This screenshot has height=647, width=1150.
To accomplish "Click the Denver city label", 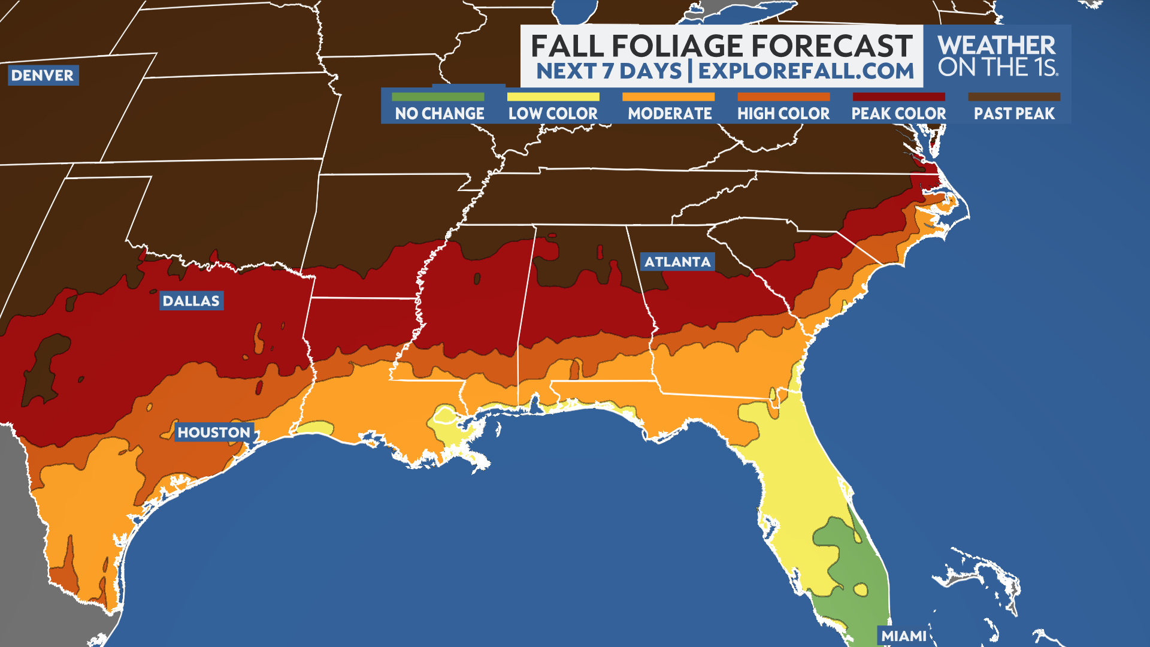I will coord(43,75).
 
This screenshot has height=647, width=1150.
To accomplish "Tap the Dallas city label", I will coord(191,301).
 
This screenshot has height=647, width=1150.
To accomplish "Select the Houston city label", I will coord(214,433).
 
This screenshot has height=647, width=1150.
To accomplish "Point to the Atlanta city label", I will coord(677,262).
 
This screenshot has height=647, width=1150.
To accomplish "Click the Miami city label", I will coord(903,636).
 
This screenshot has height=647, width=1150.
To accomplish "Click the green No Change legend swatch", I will coord(438,96).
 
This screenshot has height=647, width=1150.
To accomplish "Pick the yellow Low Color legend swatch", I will coord(553,96).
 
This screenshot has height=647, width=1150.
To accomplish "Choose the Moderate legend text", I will coord(670,113).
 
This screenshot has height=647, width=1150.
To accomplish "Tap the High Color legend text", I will coord(783,113).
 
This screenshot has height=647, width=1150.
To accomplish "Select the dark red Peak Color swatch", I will coord(898,96).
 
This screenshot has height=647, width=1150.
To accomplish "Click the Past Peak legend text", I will coord(1014,113).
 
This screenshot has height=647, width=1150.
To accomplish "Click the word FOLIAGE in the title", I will coord(668,46).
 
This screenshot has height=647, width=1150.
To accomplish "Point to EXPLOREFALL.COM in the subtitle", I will coord(806,71).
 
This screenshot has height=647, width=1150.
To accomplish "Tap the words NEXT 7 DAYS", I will coord(609,71).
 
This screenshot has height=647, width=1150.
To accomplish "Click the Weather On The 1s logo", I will coord(997,56).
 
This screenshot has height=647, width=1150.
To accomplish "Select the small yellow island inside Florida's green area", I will coord(861,589).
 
